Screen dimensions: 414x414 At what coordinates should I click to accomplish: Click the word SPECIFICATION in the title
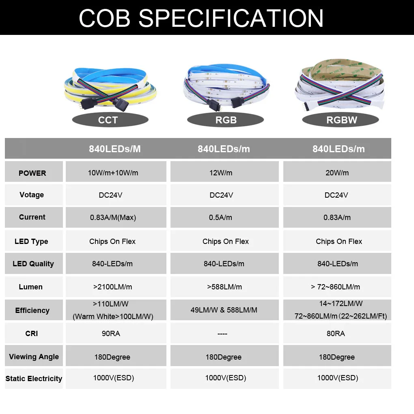point(231,18)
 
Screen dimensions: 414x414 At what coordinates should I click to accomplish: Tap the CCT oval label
point(110,120)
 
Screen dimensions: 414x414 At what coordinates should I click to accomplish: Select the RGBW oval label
point(341,120)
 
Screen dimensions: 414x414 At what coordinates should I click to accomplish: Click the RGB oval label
point(226,120)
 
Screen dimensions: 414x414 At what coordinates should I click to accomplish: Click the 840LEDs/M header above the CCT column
point(115,149)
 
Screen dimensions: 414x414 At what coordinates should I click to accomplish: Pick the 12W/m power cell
point(224,172)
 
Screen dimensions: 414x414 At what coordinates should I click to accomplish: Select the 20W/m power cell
point(337,172)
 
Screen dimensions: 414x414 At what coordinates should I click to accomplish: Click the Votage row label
point(32,195)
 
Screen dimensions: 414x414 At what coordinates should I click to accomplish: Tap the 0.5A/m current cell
point(224,217)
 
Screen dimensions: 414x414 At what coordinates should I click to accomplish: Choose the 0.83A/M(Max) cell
point(116,217)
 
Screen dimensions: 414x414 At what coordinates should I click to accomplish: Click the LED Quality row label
point(33,264)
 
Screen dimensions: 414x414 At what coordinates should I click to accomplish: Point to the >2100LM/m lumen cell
point(116,287)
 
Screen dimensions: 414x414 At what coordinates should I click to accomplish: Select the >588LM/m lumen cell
point(224,287)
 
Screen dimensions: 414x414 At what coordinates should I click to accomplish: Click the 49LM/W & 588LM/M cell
point(224,310)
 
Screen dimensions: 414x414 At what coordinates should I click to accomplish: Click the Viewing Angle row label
point(34,357)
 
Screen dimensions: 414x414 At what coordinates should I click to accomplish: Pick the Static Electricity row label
point(34,379)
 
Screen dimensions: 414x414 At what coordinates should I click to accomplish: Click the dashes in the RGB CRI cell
point(222,334)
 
